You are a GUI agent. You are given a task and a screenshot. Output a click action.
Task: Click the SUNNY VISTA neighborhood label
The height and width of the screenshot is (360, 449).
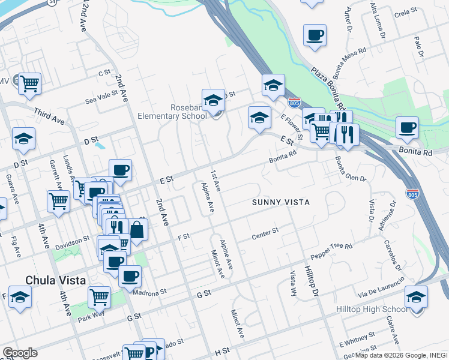pyautogui.click(x=281, y=203)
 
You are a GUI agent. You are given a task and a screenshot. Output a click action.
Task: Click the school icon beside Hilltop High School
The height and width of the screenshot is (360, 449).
pyautogui.click(x=416, y=296)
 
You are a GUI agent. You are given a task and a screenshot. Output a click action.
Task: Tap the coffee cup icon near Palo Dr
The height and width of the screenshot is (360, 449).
pyautogui.click(x=315, y=35)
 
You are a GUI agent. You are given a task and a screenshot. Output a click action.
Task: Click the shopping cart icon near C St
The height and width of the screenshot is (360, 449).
pyautogui.click(x=29, y=83)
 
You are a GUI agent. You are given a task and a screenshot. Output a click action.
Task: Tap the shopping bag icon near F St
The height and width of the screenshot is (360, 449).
pyautogui.click(x=137, y=229)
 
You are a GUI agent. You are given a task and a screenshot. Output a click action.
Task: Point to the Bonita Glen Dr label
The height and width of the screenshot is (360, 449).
pyautogui.click(x=351, y=169)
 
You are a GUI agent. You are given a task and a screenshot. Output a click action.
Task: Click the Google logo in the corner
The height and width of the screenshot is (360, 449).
pyautogui.click(x=20, y=353)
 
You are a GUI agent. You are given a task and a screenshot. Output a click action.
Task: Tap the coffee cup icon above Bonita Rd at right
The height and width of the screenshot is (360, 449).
pyautogui.click(x=407, y=127)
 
